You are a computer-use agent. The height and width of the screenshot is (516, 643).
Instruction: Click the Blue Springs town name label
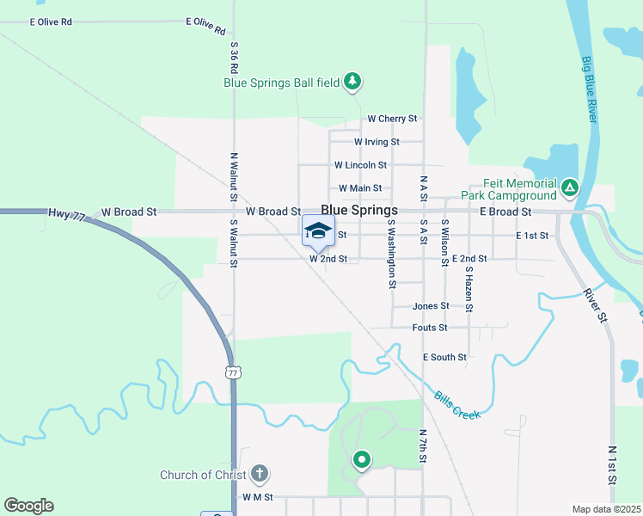pyautogui.click(x=359, y=210)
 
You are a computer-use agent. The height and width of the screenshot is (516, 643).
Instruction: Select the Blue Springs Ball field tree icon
pyautogui.click(x=352, y=82)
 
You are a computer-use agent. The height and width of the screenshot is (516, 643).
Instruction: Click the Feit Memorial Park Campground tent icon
pyautogui.click(x=568, y=187)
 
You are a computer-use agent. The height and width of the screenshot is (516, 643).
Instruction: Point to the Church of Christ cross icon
pyautogui.click(x=260, y=474)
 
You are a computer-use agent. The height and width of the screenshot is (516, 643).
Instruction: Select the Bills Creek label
pyautogui.click(x=456, y=402)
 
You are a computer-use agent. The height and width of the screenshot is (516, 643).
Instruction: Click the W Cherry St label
pyautogui.click(x=392, y=119)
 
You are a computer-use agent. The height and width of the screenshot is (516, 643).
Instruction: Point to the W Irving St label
pyautogui.click(x=377, y=142)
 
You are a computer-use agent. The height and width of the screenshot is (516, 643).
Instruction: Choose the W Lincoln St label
pyautogui.click(x=360, y=165)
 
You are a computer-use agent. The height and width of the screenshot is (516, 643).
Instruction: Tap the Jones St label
pyautogui.click(x=431, y=306)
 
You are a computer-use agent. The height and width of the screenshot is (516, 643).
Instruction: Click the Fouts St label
pyautogui.click(x=430, y=328)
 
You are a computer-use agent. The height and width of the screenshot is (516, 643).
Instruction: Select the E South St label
pyautogui.click(x=444, y=357)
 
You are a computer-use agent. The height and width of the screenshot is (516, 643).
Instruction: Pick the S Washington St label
pyautogui.click(x=391, y=253)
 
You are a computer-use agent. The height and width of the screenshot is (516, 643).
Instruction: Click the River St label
pyautogui.click(x=591, y=304)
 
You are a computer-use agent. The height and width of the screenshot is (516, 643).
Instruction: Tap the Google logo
pyautogui.click(x=28, y=506)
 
